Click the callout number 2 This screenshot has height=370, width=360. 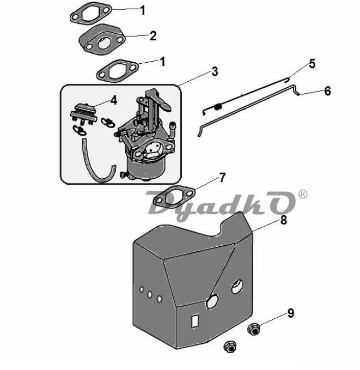point(153,36)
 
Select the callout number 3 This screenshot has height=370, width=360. point(215,71)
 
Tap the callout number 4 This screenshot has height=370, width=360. point(114,100)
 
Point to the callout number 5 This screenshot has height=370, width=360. point(312,64)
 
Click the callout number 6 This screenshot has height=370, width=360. point(328,91)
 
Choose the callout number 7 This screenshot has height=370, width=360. point(222,178)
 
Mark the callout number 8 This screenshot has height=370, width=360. point(283,220)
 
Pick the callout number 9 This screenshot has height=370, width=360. point(291,313)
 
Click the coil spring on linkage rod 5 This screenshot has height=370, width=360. point(218,107)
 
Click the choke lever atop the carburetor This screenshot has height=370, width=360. point(157,99)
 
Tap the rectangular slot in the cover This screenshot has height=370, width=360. point(195,320)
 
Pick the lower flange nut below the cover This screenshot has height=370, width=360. point(230,347)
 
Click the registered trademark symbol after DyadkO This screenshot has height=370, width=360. point(303,194)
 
